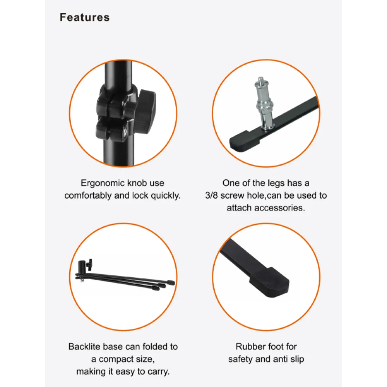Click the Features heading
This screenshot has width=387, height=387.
point(85,17)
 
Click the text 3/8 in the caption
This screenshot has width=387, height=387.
point(211,195)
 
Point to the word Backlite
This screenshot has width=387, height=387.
point(84,346)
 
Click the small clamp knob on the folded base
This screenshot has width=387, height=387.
point(89,265)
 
